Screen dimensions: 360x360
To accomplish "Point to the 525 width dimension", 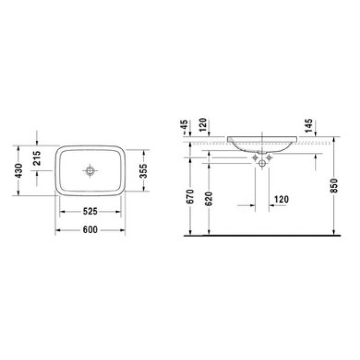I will (90, 211).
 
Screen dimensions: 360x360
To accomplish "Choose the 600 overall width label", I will (90, 230).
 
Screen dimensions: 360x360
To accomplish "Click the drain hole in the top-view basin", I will (91, 170).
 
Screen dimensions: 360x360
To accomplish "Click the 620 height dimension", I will (208, 199).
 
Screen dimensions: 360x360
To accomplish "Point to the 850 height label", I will (334, 186).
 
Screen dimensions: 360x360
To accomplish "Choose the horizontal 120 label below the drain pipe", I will (281, 199).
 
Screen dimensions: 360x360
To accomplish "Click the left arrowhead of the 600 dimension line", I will (58, 230).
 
